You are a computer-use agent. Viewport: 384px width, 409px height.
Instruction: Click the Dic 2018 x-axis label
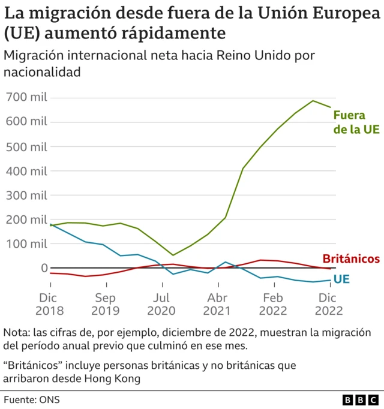click(50, 304)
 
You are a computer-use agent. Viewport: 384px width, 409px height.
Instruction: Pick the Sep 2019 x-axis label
click(106, 304)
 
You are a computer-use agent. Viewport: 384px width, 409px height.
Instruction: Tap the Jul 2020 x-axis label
click(161, 304)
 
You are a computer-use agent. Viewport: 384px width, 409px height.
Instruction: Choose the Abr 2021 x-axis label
click(217, 304)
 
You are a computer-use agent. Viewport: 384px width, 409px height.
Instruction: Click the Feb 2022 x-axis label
click(272, 304)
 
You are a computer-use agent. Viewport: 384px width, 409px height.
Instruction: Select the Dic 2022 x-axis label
click(328, 304)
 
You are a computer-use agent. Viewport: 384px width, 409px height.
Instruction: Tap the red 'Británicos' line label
click(351, 259)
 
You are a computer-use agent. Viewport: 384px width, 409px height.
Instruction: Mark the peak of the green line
click(313, 101)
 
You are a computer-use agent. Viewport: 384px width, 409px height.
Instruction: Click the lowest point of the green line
click(173, 255)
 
